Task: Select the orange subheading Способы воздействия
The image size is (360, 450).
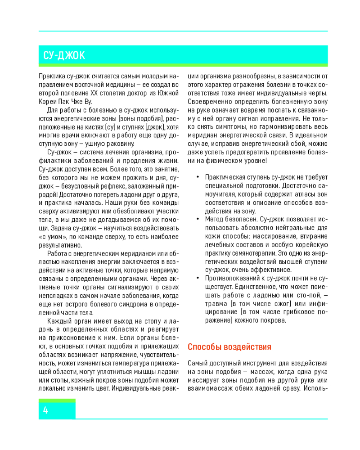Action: coord(229,347)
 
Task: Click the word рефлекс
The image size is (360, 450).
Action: coord(109,186)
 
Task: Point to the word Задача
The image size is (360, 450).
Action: coord(60,228)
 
